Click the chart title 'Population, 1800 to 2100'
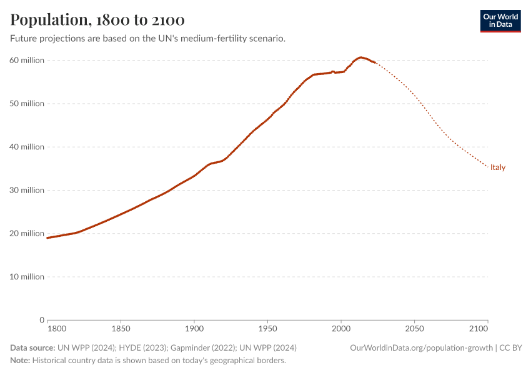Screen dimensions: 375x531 pyautogui.click(x=97, y=20)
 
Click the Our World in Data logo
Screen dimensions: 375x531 pyautogui.click(x=500, y=21)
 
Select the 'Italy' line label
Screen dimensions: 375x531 pyautogui.click(x=498, y=167)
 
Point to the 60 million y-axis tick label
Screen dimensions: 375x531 pyautogui.click(x=26, y=61)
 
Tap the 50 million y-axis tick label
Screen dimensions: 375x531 pyautogui.click(x=26, y=104)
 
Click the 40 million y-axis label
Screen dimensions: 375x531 pyautogui.click(x=26, y=147)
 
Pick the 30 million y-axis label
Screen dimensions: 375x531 pyautogui.click(x=26, y=190)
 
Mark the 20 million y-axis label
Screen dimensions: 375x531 pyautogui.click(x=26, y=234)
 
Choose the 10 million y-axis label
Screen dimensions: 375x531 pyautogui.click(x=26, y=277)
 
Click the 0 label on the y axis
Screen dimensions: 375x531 pyautogui.click(x=41, y=320)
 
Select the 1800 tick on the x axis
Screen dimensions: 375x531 pyautogui.click(x=56, y=328)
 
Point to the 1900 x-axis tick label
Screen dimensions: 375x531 pyautogui.click(x=194, y=328)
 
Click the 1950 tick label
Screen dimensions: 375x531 pyautogui.click(x=267, y=328)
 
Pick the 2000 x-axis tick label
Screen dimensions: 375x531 pyautogui.click(x=341, y=328)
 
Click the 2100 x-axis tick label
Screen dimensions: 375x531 pyautogui.click(x=479, y=328)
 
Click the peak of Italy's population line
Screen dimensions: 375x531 pyautogui.click(x=361, y=57)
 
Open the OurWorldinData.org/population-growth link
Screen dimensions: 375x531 pyautogui.click(x=422, y=347)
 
